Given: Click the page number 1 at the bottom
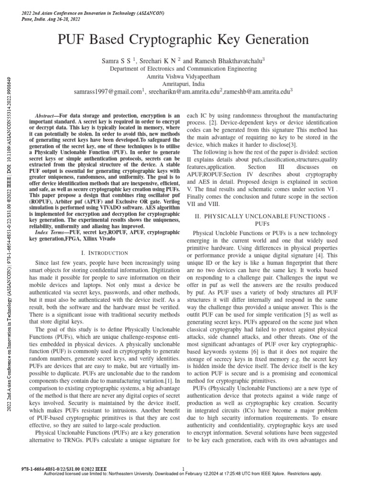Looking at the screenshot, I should tap(184, 468).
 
